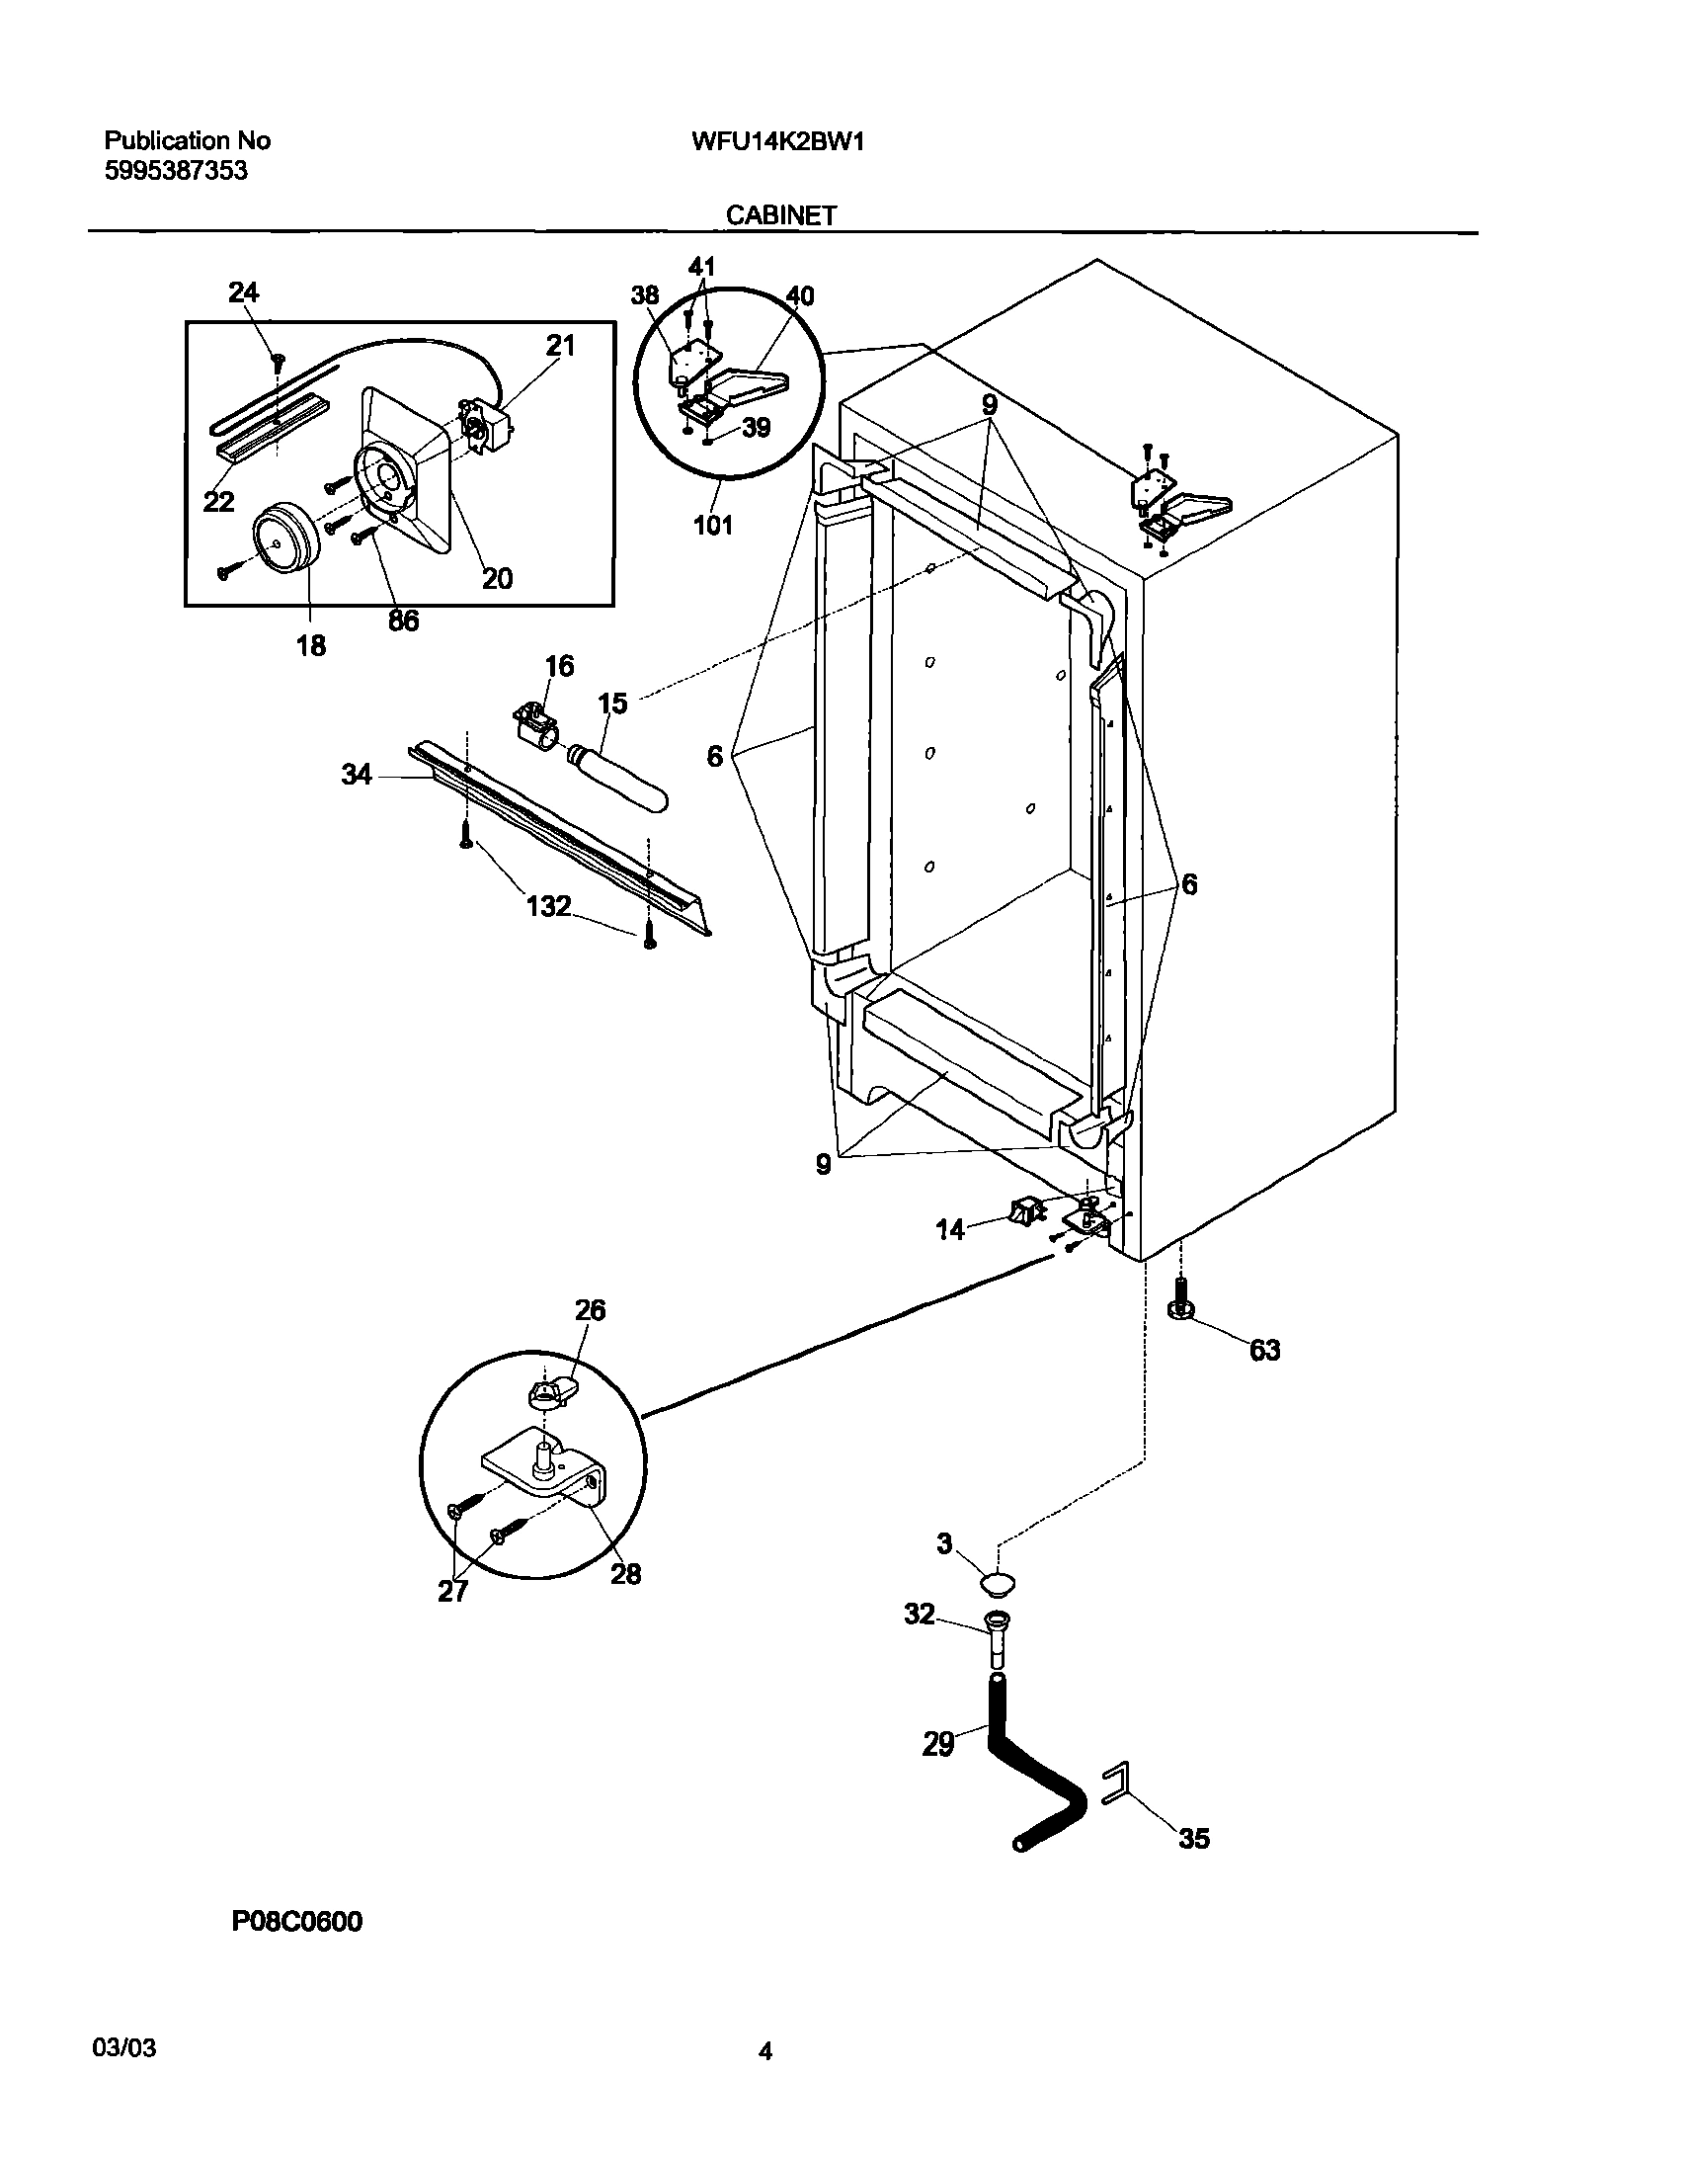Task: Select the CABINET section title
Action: pos(780,215)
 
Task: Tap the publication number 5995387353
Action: pos(176,171)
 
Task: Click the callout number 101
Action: pos(711,525)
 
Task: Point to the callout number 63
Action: pos(1265,1351)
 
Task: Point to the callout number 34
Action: pos(357,776)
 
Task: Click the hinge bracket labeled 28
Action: pos(538,1479)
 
